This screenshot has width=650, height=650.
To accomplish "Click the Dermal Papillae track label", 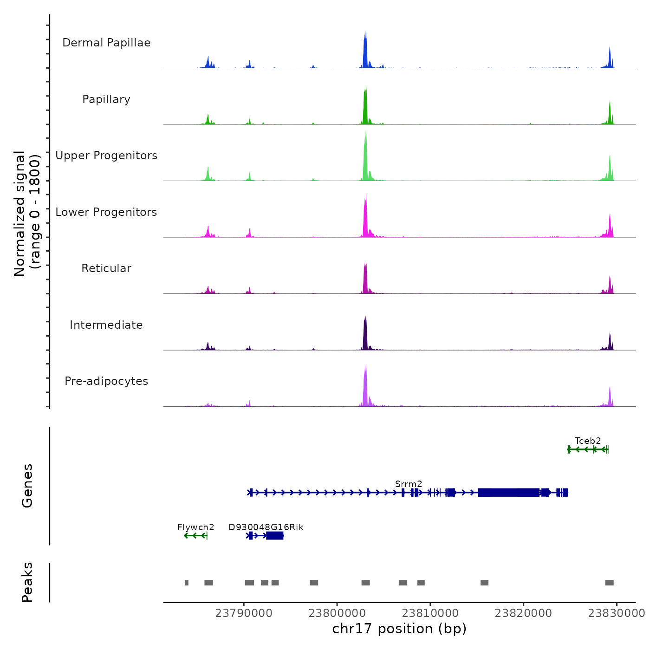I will coord(106,43).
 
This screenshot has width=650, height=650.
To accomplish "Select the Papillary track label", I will coord(106,99).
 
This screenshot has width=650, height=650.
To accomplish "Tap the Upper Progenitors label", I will coord(106,156).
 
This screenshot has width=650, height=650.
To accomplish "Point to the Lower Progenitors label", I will coord(106,212).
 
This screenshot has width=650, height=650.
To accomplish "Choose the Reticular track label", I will coord(106,268).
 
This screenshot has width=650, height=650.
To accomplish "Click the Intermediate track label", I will coord(106,325).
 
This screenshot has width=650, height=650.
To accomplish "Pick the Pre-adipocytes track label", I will coord(106,381).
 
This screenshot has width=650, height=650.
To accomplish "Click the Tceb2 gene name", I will coord(587,441).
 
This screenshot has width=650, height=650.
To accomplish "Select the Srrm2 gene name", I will coord(409,484).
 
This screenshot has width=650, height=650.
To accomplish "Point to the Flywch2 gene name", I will coord(196,527).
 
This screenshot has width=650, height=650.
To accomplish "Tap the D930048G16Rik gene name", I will coord(266,527).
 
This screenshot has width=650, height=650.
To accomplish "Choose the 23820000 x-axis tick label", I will coord(523,613).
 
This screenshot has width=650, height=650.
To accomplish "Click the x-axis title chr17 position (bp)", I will coord(399,629).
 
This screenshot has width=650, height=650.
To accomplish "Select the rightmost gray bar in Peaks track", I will coord(609,583).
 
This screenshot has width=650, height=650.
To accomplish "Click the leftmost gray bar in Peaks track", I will coord(187,583).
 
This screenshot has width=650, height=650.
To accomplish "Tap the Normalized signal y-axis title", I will coord(27,213).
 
